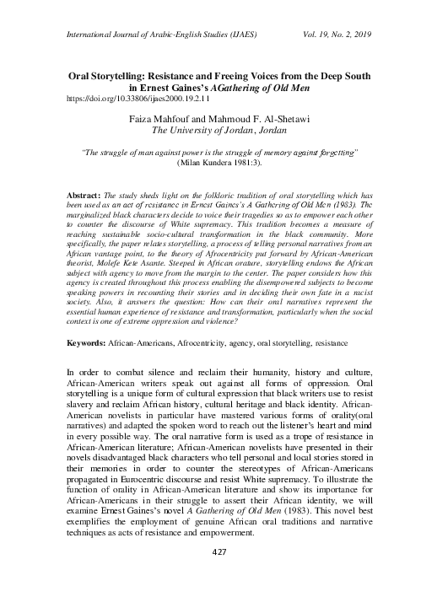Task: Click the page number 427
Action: coord(210,575)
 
